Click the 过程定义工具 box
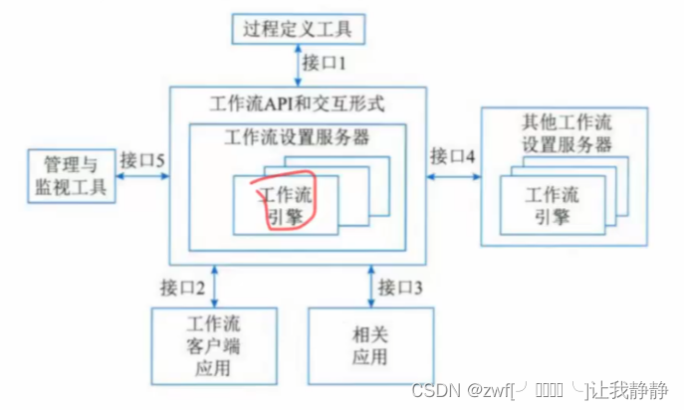point(298,29)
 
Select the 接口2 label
point(184,288)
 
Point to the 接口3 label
point(399,288)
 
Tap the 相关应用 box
point(371,345)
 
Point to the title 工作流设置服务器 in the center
point(299,136)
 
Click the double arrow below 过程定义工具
point(298,65)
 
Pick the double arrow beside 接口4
point(453,176)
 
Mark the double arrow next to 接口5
point(140,176)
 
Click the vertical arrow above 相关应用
point(370,288)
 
